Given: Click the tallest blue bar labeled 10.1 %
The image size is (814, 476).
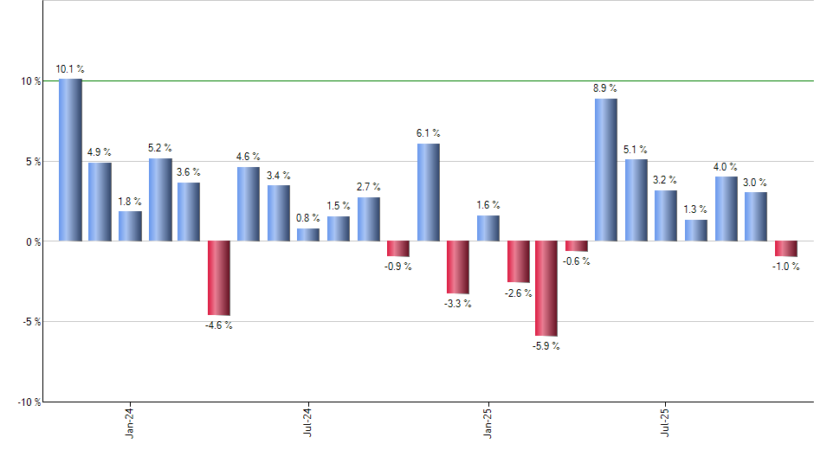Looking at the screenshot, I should click(x=70, y=160).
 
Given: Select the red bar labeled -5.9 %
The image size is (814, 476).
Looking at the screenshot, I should click(x=546, y=288).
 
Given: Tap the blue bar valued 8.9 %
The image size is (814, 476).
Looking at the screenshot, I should click(x=606, y=170).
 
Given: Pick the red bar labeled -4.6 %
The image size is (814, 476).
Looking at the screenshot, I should click(x=219, y=278).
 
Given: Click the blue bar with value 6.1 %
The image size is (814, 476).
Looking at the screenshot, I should click(x=428, y=192).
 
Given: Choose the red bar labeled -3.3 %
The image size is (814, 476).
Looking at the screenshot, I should click(x=457, y=267).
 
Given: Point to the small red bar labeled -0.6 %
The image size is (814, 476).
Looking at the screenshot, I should click(x=577, y=246).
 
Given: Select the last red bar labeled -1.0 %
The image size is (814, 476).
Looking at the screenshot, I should click(x=785, y=248).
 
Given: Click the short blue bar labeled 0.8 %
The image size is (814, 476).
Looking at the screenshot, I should click(x=308, y=235).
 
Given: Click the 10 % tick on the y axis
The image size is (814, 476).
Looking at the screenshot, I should click(x=31, y=81).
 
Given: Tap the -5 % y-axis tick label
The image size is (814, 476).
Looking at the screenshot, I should click(x=31, y=322).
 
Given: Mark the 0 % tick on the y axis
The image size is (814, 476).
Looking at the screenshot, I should click(x=34, y=242).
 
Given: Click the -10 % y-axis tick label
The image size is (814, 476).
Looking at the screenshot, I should click(x=29, y=402).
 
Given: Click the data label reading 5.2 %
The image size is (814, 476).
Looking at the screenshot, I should click(x=160, y=148).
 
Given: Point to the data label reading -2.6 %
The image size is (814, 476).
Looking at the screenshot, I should click(x=517, y=293).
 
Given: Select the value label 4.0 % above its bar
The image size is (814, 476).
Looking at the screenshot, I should click(x=726, y=167).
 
